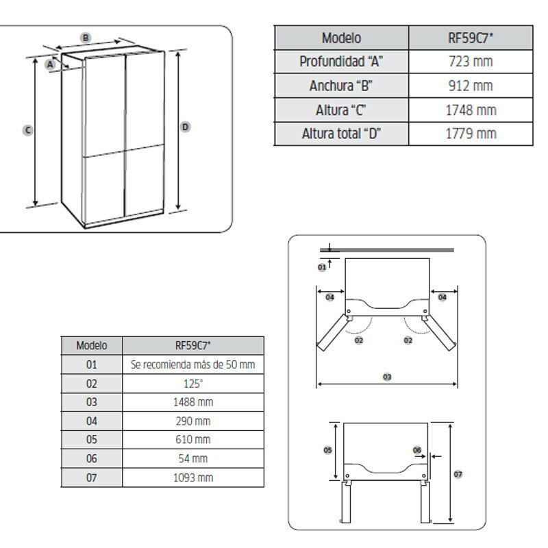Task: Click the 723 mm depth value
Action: [471, 62]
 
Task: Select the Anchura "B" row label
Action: [341, 86]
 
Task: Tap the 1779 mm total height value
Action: [471, 134]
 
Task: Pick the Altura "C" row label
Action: [341, 110]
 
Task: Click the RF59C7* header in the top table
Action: [471, 38]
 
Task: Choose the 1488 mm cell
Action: [192, 402]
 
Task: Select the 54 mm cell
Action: [192, 458]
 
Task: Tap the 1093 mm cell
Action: [192, 477]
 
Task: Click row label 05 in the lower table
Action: [92, 440]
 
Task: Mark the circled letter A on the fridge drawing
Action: [50, 64]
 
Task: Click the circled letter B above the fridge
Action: [86, 37]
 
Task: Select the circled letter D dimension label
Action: [186, 127]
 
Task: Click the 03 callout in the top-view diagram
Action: [387, 377]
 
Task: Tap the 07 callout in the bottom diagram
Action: [458, 474]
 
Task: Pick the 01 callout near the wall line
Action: [322, 267]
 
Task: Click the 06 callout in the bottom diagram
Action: [417, 450]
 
